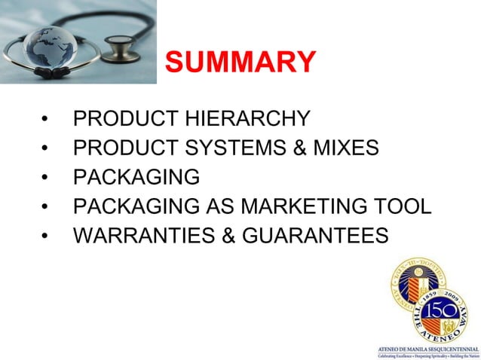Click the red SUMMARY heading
point(240,62)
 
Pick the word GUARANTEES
point(316,236)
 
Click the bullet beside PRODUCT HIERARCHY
point(47,120)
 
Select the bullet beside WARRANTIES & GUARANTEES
point(47,236)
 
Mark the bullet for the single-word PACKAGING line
point(47,178)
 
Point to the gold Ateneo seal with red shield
point(411,282)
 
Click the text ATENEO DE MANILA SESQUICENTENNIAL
point(428,349)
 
